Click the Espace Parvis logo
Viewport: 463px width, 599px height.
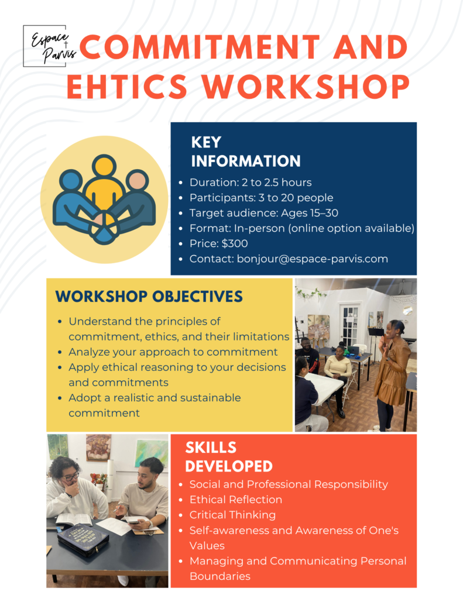(50, 46)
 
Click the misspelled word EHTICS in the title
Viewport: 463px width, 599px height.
(127, 87)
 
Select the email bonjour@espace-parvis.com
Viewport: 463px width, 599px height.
(313, 259)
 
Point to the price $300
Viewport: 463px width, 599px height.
(234, 244)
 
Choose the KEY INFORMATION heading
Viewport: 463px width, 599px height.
(246, 152)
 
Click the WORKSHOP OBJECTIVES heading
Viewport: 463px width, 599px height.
(149, 297)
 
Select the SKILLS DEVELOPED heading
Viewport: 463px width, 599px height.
(229, 457)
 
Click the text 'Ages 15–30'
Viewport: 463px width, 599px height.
(310, 213)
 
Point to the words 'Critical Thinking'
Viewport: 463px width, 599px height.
(232, 515)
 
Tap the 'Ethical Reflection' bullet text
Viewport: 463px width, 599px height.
(236, 500)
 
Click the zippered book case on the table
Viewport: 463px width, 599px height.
(83, 538)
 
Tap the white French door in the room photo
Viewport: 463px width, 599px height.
(350, 325)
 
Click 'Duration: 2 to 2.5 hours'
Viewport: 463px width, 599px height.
(251, 183)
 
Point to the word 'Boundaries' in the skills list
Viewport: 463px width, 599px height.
(220, 576)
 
